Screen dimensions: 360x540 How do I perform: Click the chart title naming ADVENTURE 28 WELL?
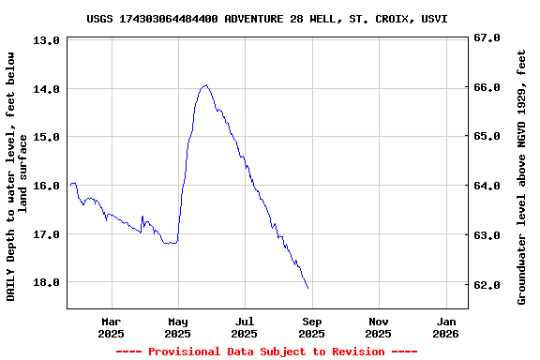[x=266, y=19]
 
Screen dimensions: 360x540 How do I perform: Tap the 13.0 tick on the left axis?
[x=46, y=40]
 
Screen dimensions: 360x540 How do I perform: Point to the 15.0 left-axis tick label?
[x=46, y=137]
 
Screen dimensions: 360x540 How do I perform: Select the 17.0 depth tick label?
[x=46, y=233]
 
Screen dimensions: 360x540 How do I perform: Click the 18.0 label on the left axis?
[x=46, y=282]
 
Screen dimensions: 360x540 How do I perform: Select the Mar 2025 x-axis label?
[x=111, y=327]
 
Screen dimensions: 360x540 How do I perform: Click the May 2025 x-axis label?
[x=177, y=327]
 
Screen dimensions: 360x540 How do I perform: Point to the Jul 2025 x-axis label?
[x=244, y=327]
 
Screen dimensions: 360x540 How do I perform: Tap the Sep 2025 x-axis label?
[x=311, y=327]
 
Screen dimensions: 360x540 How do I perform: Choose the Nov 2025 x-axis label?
[x=378, y=327]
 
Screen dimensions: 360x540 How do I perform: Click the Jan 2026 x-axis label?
[x=445, y=327]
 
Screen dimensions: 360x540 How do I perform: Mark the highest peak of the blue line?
[x=205, y=85]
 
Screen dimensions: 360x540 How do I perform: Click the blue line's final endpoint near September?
[x=307, y=288]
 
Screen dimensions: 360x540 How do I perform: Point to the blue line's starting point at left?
[x=70, y=185]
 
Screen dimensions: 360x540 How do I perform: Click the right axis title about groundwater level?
[x=521, y=176]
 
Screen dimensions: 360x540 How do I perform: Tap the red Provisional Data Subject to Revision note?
[x=266, y=352]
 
